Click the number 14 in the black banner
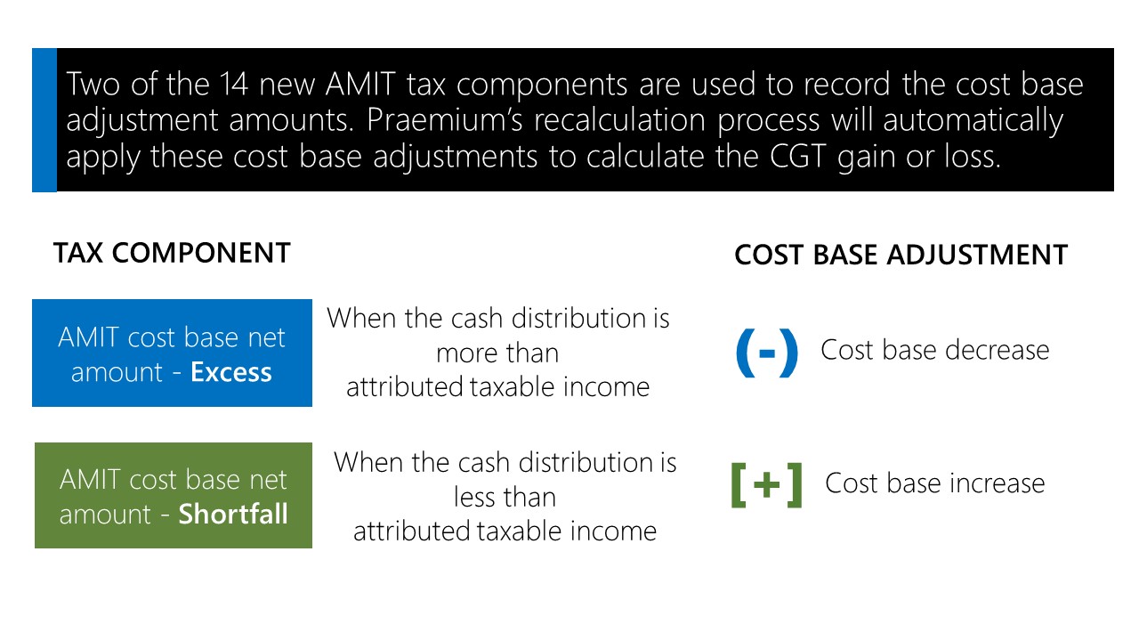234,85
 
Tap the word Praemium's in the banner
444,120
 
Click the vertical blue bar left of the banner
44,120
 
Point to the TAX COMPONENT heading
172,253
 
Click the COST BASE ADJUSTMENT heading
901,255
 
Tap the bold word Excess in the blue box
231,372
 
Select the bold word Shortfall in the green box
233,514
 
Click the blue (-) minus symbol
767,353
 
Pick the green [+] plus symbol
766,485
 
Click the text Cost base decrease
934,351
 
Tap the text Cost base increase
934,483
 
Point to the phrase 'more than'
497,353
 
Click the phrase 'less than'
505,497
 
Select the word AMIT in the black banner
360,85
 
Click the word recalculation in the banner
619,120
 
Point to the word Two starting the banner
92,85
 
